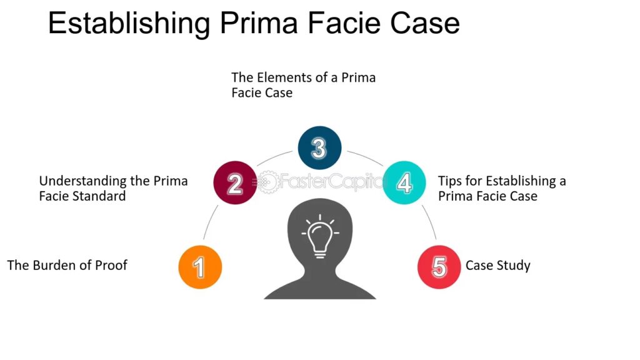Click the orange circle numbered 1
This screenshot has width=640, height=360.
point(200,267)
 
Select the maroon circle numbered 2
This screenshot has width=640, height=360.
point(235,183)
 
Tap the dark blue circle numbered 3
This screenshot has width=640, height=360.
point(319,147)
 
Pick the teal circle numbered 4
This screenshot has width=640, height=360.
point(404,183)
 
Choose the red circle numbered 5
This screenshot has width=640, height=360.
point(439,267)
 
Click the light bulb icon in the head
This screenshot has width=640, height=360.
point(319,236)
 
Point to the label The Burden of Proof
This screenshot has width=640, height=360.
point(67,265)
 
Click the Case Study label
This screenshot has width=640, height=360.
point(497,266)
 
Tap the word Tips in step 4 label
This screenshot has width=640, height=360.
point(449,181)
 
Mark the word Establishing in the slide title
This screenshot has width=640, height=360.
point(129,24)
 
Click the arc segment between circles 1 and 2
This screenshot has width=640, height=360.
point(209,222)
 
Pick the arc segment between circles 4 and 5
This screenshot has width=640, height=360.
point(430,222)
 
